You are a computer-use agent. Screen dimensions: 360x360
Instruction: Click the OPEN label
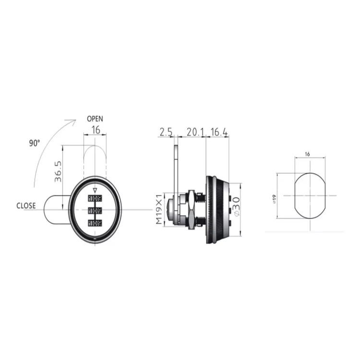click(x=95, y=119)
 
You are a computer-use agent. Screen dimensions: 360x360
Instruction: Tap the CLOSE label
click(x=26, y=205)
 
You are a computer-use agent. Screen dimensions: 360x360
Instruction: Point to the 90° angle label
click(x=35, y=143)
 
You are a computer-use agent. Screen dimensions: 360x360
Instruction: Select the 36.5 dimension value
click(x=58, y=171)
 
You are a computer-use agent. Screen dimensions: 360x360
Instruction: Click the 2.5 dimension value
click(x=166, y=132)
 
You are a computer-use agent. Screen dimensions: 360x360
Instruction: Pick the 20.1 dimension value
click(x=195, y=132)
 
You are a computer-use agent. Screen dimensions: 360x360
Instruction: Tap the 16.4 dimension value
click(x=219, y=132)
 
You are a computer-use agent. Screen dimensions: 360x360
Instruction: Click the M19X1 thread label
click(x=159, y=209)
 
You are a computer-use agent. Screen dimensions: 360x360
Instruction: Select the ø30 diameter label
click(x=237, y=206)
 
